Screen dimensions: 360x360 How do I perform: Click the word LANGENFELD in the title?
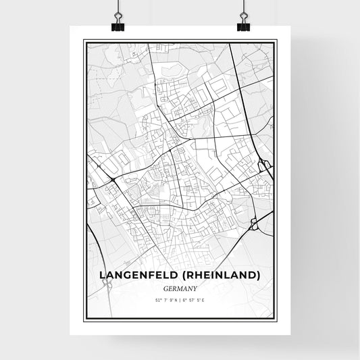tap(137, 275)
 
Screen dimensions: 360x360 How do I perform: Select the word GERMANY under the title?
tap(180, 287)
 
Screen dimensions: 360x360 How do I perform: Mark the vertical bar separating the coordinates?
tap(180, 299)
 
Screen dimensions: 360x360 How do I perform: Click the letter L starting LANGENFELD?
tap(103, 275)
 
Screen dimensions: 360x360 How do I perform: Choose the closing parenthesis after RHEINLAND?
tap(259, 275)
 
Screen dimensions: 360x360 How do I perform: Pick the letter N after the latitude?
tap(175, 299)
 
